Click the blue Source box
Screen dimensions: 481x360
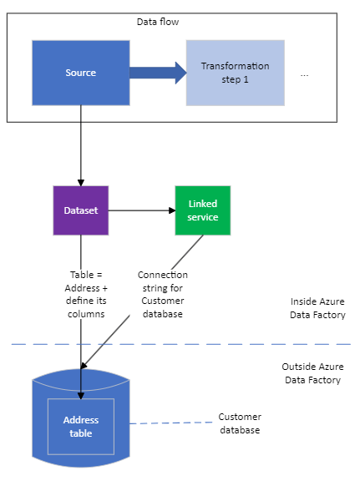pos(81,73)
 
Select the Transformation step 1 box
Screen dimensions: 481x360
pos(235,73)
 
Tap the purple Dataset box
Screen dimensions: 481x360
pos(81,210)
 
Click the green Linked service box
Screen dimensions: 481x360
pos(202,210)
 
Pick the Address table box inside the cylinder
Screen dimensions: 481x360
pos(81,426)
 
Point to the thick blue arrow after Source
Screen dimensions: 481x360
pos(158,73)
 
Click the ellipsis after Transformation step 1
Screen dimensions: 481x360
pos(304,73)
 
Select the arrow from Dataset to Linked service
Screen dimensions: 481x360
pos(142,210)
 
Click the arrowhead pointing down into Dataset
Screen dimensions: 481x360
pos(81,181)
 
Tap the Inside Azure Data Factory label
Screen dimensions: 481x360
pos(317,309)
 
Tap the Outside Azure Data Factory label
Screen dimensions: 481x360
pos(312,373)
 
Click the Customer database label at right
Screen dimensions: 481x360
pos(240,423)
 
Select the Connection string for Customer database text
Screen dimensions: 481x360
pos(162,293)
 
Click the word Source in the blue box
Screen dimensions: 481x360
pos(81,73)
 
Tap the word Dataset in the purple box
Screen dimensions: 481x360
pos(81,210)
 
